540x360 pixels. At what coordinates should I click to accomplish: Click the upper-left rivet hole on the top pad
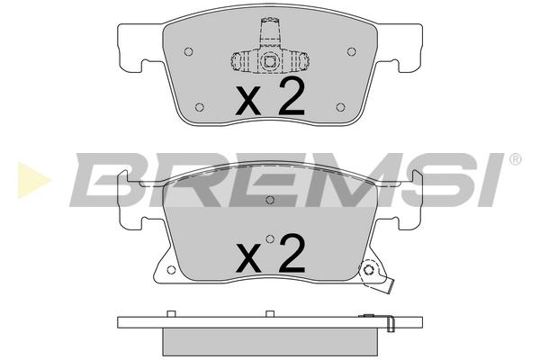click(x=188, y=51)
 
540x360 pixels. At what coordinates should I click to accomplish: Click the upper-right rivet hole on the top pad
click(x=351, y=51)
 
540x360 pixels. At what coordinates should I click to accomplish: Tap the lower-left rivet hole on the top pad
click(x=200, y=107)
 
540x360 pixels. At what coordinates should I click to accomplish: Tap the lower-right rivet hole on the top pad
click(x=340, y=107)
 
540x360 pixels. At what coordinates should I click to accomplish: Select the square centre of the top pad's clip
click(x=270, y=62)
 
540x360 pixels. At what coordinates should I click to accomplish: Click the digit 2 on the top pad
click(x=292, y=96)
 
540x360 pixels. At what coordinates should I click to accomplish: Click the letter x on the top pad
click(x=248, y=101)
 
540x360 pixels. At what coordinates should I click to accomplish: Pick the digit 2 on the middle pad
click(x=292, y=253)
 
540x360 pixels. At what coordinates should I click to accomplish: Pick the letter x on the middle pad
click(x=249, y=257)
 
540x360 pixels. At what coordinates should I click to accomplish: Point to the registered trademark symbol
click(x=515, y=159)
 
